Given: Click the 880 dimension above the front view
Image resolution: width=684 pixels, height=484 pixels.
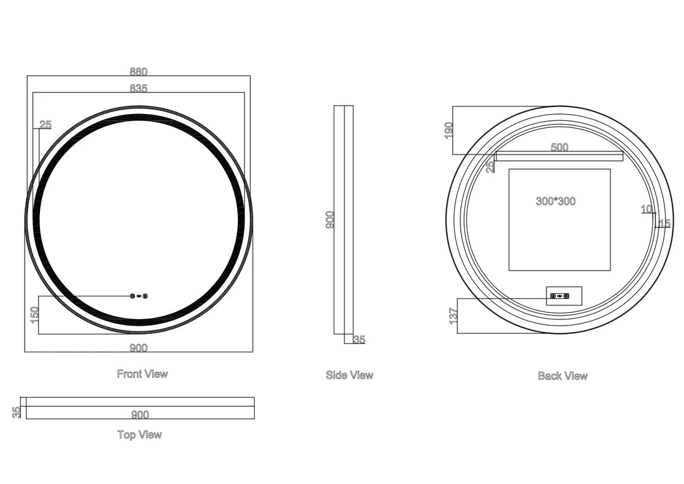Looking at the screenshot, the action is pyautogui.click(x=138, y=72).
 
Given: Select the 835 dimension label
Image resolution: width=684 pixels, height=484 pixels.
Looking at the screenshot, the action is pyautogui.click(x=138, y=88).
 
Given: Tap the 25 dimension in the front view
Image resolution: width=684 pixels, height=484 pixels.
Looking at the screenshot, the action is pyautogui.click(x=46, y=125).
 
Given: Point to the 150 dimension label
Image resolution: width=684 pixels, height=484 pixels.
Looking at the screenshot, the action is pyautogui.click(x=35, y=315).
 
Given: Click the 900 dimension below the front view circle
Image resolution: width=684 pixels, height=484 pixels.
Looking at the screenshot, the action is pyautogui.click(x=138, y=348).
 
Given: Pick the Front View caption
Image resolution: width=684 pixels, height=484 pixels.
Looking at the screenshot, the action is pyautogui.click(x=142, y=374).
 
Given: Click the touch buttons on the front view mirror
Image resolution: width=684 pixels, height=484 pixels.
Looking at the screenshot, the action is pyautogui.click(x=139, y=296).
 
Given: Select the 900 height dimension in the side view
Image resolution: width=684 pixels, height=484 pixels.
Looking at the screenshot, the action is pyautogui.click(x=330, y=220).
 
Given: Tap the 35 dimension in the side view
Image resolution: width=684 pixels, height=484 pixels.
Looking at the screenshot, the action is pyautogui.click(x=359, y=339).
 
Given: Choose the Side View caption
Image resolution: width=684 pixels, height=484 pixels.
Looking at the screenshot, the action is pyautogui.click(x=350, y=375).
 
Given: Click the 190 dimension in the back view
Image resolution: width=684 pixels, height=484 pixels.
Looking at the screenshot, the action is pyautogui.click(x=449, y=131).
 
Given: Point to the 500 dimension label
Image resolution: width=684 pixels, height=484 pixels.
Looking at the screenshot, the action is pyautogui.click(x=559, y=147).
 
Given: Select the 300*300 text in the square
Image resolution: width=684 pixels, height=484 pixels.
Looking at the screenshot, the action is pyautogui.click(x=555, y=201).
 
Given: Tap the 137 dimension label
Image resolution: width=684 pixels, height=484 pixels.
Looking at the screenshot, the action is pyautogui.click(x=453, y=315).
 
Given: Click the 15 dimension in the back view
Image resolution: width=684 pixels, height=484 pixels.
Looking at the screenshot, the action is pyautogui.click(x=664, y=224).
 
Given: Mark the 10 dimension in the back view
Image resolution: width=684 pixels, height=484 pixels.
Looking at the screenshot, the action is pyautogui.click(x=647, y=210).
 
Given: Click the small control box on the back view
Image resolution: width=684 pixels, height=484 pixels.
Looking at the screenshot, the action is pyautogui.click(x=564, y=296).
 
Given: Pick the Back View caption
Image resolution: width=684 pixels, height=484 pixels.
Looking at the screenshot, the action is pyautogui.click(x=562, y=376).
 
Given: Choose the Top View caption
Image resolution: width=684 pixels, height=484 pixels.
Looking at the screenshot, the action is pyautogui.click(x=139, y=435).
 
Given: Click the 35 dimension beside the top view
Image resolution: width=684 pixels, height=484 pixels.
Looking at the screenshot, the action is pyautogui.click(x=16, y=412).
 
